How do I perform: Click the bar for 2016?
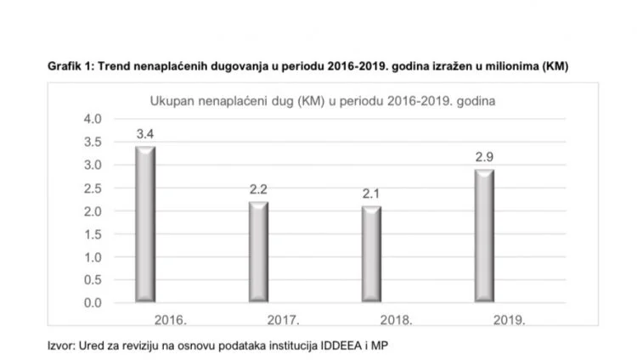click(x=145, y=225)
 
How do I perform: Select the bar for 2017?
click(x=258, y=252)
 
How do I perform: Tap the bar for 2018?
click(x=371, y=255)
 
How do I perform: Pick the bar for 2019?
click(x=484, y=236)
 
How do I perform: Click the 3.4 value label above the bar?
click(x=145, y=134)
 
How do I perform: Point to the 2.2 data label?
click(x=258, y=189)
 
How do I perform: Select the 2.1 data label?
click(x=371, y=194)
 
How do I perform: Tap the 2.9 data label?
click(x=484, y=157)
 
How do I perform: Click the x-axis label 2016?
click(x=170, y=321)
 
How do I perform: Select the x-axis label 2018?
click(x=396, y=321)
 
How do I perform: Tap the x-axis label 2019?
click(x=509, y=321)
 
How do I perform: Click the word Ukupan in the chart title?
click(x=170, y=99)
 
